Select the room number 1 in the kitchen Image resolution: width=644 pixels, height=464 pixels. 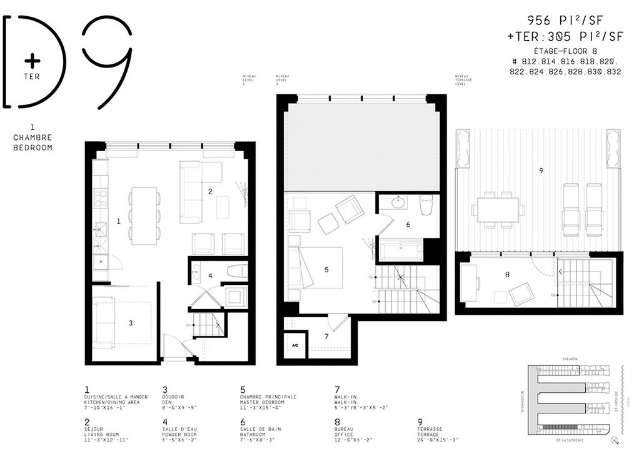click(x=118, y=220)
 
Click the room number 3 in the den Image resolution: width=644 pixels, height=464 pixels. click(x=130, y=323)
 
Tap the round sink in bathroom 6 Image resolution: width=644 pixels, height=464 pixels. click(x=398, y=204)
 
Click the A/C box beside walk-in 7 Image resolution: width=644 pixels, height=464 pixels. click(x=294, y=345)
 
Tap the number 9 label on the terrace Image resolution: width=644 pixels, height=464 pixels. click(x=540, y=170)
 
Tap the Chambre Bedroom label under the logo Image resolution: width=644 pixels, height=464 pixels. click(x=31, y=142)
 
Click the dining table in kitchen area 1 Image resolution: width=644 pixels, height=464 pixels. click(x=144, y=215)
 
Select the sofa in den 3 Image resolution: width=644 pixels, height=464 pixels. click(x=103, y=322)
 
